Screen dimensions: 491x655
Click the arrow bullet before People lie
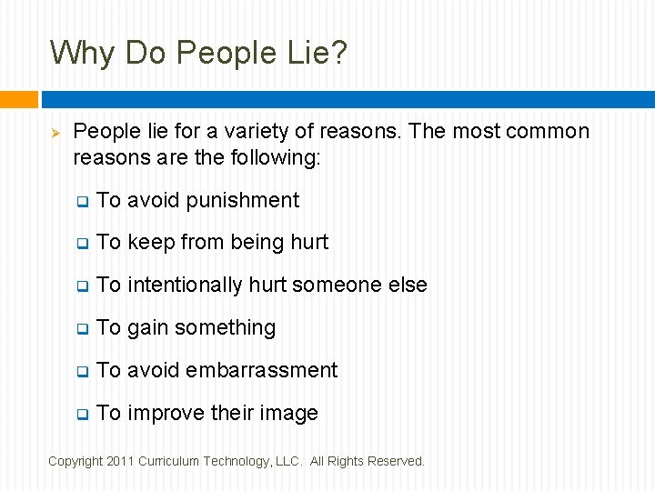pyautogui.click(x=54, y=133)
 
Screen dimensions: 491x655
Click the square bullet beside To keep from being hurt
pyautogui.click(x=82, y=244)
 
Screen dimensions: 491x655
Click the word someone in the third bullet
pyautogui.click(x=335, y=285)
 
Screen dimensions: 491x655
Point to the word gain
pyautogui.click(x=148, y=327)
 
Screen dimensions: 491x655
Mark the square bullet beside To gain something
pyautogui.click(x=82, y=329)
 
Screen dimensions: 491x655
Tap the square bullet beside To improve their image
pyautogui.click(x=82, y=415)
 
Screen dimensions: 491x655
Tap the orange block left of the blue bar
pyautogui.click(x=19, y=99)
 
